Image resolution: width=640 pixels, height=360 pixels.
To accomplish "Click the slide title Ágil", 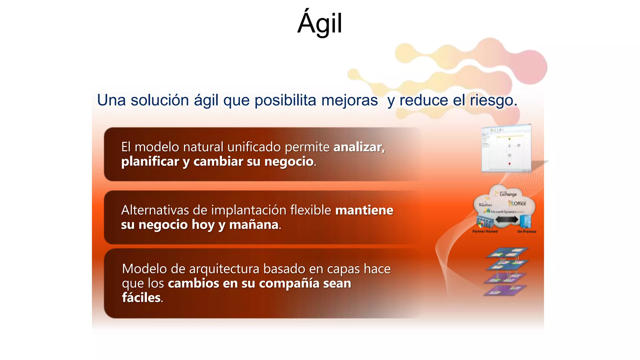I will tap(320, 24).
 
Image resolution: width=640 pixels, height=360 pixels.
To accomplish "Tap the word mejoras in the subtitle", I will tap(349, 101).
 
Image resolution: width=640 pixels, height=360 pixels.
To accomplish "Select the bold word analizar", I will tap(358, 147).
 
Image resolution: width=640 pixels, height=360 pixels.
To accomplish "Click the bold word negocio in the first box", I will tap(289, 162).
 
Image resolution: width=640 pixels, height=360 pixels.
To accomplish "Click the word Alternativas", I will tap(155, 210).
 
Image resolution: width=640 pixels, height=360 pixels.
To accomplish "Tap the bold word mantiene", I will tap(364, 210).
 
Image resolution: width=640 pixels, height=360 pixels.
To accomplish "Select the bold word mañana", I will tap(254, 225).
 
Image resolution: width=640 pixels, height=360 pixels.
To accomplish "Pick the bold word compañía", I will tap(289, 283).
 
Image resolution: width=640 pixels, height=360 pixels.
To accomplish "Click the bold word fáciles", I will tap(141, 298).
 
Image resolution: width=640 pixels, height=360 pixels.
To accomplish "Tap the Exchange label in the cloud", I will tap(508, 194).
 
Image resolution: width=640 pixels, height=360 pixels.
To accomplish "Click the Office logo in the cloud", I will tap(517, 203).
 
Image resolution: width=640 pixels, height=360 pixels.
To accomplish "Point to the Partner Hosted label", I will tap(485, 232).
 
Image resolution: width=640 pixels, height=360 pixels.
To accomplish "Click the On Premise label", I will tap(527, 232).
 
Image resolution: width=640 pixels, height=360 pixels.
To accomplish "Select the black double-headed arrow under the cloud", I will tap(507, 220).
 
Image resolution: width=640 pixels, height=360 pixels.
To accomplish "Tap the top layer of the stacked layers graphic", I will tap(507, 252).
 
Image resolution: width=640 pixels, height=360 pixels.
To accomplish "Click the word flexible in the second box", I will tap(311, 210).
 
